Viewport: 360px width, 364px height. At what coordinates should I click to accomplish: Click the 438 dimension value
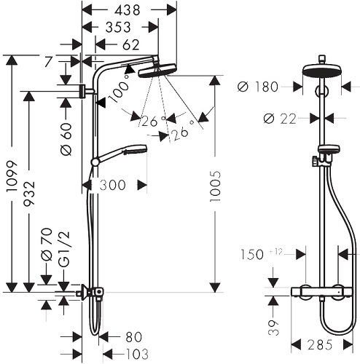pyautogui.click(x=128, y=10)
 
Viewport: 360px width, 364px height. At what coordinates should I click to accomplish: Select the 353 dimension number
pyautogui.click(x=118, y=27)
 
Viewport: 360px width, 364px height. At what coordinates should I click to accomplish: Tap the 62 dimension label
pyautogui.click(x=131, y=45)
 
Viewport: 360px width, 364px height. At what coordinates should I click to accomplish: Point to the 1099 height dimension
pyautogui.click(x=12, y=176)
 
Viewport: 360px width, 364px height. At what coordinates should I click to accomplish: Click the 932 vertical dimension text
pyautogui.click(x=29, y=193)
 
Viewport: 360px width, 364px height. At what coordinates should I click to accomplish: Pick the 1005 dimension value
pyautogui.click(x=215, y=186)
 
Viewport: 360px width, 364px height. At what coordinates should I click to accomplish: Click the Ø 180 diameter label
pyautogui.click(x=258, y=87)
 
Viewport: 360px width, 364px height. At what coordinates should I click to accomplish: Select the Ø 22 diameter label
pyautogui.click(x=280, y=119)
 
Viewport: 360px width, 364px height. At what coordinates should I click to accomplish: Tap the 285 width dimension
pyautogui.click(x=319, y=345)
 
